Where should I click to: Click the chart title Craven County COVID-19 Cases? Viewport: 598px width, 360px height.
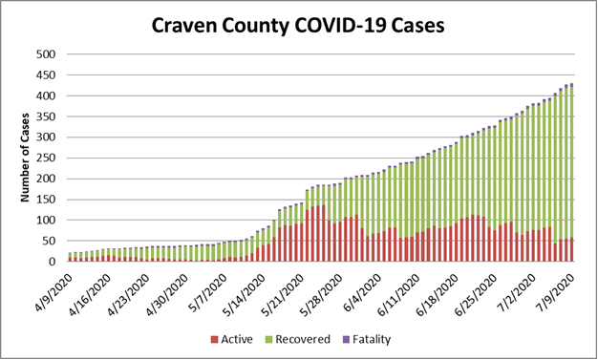tap(298, 26)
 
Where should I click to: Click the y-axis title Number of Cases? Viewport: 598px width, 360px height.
tap(27, 158)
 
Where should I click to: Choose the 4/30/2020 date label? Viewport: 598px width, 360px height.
tap(165, 291)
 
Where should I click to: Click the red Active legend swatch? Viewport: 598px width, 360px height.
tap(216, 339)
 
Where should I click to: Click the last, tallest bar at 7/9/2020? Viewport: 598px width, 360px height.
tap(571, 173)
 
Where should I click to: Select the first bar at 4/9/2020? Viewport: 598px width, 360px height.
tap(70, 257)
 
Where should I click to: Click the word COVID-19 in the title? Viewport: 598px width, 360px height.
tap(355, 26)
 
